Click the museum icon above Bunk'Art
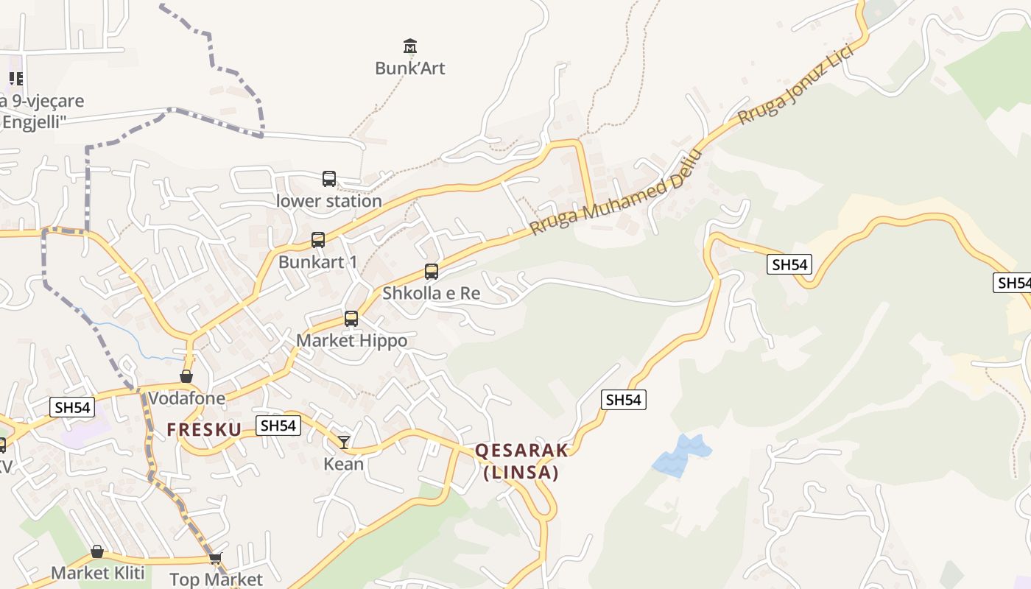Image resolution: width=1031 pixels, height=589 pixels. [410, 46]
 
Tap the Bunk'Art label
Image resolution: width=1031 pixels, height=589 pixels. [410, 68]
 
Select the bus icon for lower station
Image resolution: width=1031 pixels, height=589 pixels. [329, 178]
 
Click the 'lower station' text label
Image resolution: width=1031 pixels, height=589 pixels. [329, 201]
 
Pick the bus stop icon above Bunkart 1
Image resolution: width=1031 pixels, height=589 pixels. [318, 239]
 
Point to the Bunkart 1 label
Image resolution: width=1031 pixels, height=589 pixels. [317, 262]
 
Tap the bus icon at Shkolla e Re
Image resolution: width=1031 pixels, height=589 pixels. [432, 271]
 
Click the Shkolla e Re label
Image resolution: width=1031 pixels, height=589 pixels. [431, 293]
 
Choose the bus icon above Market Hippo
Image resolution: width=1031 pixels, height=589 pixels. [351, 318]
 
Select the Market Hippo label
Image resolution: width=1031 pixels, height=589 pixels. [351, 341]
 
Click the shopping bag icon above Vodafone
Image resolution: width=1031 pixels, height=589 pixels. [186, 376]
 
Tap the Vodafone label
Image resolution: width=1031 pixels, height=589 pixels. [186, 398]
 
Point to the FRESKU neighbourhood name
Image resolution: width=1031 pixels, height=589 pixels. [204, 430]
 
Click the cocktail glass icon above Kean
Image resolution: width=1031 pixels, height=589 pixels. [344, 442]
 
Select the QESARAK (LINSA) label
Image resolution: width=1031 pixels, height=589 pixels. [521, 462]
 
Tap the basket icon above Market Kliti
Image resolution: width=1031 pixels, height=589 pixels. [97, 551]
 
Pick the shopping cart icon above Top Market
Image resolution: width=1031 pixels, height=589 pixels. [215, 558]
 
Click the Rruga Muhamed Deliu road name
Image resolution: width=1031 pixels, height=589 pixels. [613, 196]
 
